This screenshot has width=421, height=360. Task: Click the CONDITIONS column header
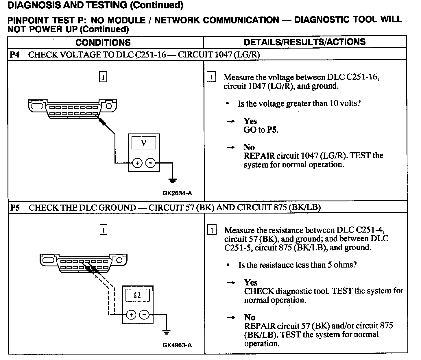pyautogui.click(x=103, y=42)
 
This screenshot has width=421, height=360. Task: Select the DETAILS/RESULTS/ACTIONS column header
pyautogui.click(x=304, y=42)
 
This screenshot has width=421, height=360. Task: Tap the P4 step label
pyautogui.click(x=15, y=55)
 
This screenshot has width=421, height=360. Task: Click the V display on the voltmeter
pyautogui.click(x=144, y=143)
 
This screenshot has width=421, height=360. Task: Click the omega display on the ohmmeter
pyautogui.click(x=137, y=295)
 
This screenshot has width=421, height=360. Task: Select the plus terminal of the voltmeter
pyautogui.click(x=137, y=163)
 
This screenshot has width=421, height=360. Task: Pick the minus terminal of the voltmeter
pyautogui.click(x=150, y=163)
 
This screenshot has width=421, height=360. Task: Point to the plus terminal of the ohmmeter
pyautogui.click(x=131, y=315)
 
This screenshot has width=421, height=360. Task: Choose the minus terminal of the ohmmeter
pyautogui.click(x=144, y=315)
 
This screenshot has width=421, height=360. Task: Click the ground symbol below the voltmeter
pyautogui.click(x=173, y=180)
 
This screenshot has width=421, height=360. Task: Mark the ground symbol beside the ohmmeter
pyautogui.click(x=166, y=332)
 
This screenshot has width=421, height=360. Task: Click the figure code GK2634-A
pyautogui.click(x=177, y=193)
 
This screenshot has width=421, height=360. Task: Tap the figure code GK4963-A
pyautogui.click(x=177, y=345)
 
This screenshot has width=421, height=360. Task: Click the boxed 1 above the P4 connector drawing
pyautogui.click(x=103, y=77)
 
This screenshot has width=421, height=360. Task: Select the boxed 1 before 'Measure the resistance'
pyautogui.click(x=212, y=230)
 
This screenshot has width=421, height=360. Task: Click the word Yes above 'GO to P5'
pyautogui.click(x=250, y=121)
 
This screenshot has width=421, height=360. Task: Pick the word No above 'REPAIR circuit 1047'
pyautogui.click(x=249, y=147)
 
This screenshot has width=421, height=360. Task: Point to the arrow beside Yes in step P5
pyautogui.click(x=231, y=283)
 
